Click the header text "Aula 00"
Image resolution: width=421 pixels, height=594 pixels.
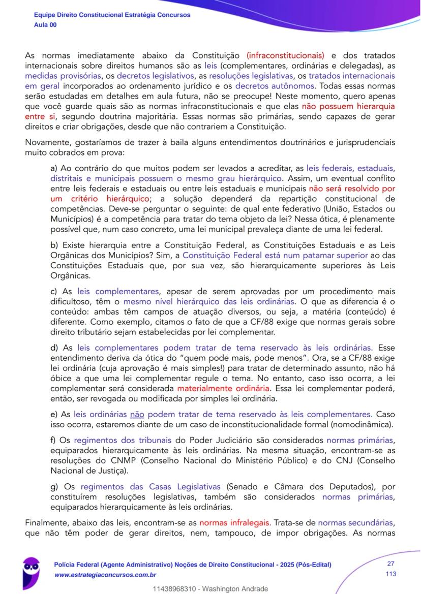pyautogui.click(x=45, y=24)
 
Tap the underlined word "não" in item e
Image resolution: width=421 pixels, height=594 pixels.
pyautogui.click(x=138, y=414)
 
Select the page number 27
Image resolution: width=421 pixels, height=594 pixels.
pyautogui.click(x=390, y=564)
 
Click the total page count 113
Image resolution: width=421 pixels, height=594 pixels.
pyautogui.click(x=390, y=574)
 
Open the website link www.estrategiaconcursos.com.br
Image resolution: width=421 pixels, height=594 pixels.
pyautogui.click(x=105, y=575)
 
